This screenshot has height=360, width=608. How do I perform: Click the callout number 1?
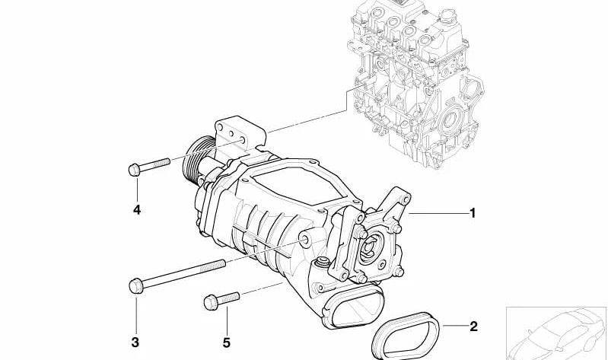click(473, 214)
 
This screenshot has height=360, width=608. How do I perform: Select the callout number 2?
click(473, 327)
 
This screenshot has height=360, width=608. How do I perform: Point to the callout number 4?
click(136, 209)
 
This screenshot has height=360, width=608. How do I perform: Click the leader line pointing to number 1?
click(438, 215)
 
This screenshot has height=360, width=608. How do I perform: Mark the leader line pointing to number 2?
click(453, 327)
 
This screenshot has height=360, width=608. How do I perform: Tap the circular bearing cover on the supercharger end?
click(375, 250)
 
